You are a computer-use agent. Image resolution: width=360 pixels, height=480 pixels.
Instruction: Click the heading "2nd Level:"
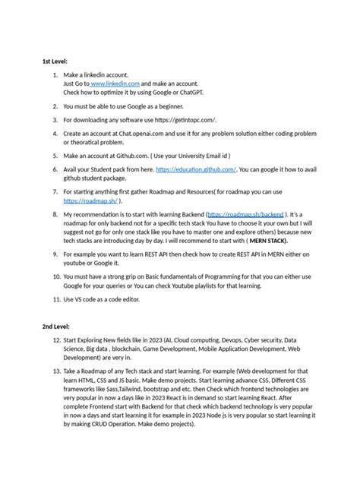tap(58, 325)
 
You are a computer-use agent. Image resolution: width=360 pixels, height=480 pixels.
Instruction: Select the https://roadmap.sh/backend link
tap(235, 215)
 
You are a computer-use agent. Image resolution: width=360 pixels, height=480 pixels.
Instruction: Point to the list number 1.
tap(55, 75)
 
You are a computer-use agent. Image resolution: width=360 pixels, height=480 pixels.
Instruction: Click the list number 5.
tap(55, 153)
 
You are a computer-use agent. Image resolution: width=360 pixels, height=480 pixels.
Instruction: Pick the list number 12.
tap(54, 340)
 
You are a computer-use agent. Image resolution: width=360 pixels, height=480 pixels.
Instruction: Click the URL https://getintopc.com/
tap(185, 119)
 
